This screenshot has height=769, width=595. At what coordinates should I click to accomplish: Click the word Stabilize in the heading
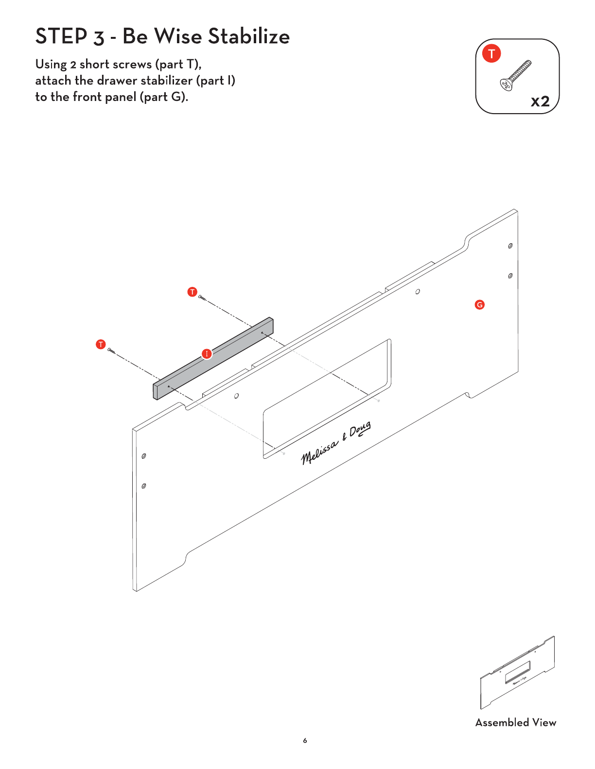(249, 36)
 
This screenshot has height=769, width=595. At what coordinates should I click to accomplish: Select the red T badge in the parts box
(491, 53)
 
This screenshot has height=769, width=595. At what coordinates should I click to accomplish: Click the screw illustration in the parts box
(516, 75)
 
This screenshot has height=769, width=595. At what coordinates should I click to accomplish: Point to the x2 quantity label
(540, 101)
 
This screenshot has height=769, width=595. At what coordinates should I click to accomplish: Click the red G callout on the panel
(479, 305)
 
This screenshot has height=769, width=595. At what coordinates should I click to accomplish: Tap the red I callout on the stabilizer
(207, 353)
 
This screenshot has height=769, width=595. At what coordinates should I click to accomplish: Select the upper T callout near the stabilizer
(192, 292)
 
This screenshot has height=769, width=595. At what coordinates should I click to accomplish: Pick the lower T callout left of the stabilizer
(101, 344)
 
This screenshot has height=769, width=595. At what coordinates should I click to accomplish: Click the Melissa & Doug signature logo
(336, 443)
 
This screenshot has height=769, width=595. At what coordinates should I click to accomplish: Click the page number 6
(305, 740)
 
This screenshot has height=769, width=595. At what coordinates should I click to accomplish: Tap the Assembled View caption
(516, 722)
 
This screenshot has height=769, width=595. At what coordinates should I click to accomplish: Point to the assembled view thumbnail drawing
(517, 672)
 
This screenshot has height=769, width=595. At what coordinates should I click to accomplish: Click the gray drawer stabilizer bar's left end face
(156, 391)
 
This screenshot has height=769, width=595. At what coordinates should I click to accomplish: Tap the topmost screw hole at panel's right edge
(510, 246)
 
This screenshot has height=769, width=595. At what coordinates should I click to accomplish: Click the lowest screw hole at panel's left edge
(144, 486)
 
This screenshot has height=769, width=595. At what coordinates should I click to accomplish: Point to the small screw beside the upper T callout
(202, 299)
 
